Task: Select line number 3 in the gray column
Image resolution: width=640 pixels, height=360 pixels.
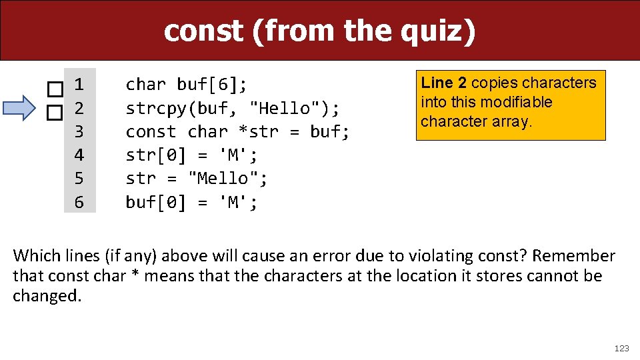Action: [x=79, y=131]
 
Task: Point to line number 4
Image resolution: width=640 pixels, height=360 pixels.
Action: [x=79, y=155]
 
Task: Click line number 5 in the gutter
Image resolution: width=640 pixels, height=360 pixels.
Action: [x=79, y=179]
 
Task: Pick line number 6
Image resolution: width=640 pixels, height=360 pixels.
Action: [x=79, y=202]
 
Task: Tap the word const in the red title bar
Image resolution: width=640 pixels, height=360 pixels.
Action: [x=204, y=31]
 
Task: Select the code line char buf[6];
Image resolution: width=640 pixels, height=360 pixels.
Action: [x=187, y=85]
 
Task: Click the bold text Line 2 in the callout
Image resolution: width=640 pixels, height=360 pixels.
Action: [x=443, y=83]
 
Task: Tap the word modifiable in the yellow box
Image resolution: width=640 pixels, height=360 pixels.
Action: [x=519, y=102]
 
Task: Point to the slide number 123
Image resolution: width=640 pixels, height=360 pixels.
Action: [x=621, y=348]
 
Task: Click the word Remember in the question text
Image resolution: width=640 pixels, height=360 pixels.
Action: [x=573, y=256]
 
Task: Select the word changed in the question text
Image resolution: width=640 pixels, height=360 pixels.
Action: [x=45, y=296]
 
